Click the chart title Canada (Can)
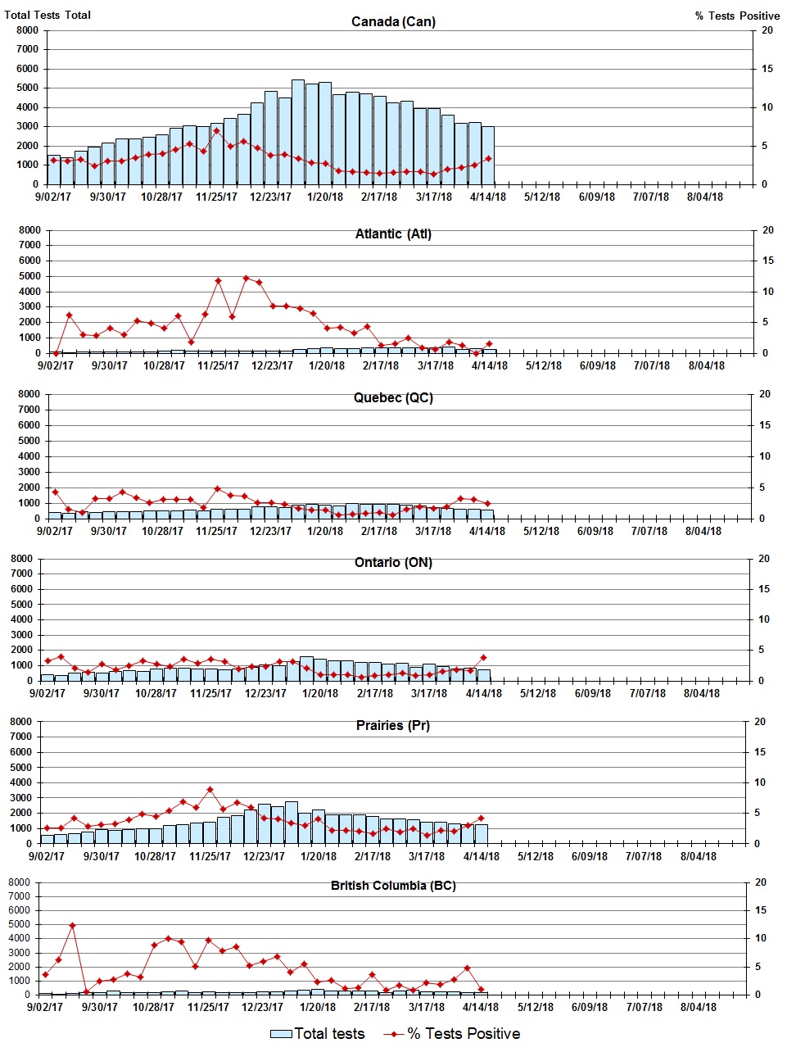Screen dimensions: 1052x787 (393, 21)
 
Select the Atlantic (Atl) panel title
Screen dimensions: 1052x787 (393, 234)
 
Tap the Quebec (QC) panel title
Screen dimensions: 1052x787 (393, 398)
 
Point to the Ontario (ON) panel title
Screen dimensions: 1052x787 (393, 563)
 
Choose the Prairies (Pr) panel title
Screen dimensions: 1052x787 (393, 726)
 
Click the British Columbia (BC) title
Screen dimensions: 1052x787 (393, 886)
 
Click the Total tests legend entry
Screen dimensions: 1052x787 (318, 1034)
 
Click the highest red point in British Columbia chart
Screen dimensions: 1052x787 (72, 926)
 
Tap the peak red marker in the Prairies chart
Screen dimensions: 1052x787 (210, 790)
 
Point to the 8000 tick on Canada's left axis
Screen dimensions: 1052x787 (27, 30)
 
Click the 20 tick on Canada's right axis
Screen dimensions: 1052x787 (767, 30)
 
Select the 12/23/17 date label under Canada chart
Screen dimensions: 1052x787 (270, 197)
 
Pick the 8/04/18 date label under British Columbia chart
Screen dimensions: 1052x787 (698, 1007)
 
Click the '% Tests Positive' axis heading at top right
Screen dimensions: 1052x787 (737, 16)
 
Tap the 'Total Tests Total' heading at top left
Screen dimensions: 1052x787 (47, 15)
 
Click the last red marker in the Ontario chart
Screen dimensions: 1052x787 (483, 657)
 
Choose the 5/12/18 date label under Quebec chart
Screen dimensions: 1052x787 (541, 531)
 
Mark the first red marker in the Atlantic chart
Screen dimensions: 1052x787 (56, 353)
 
